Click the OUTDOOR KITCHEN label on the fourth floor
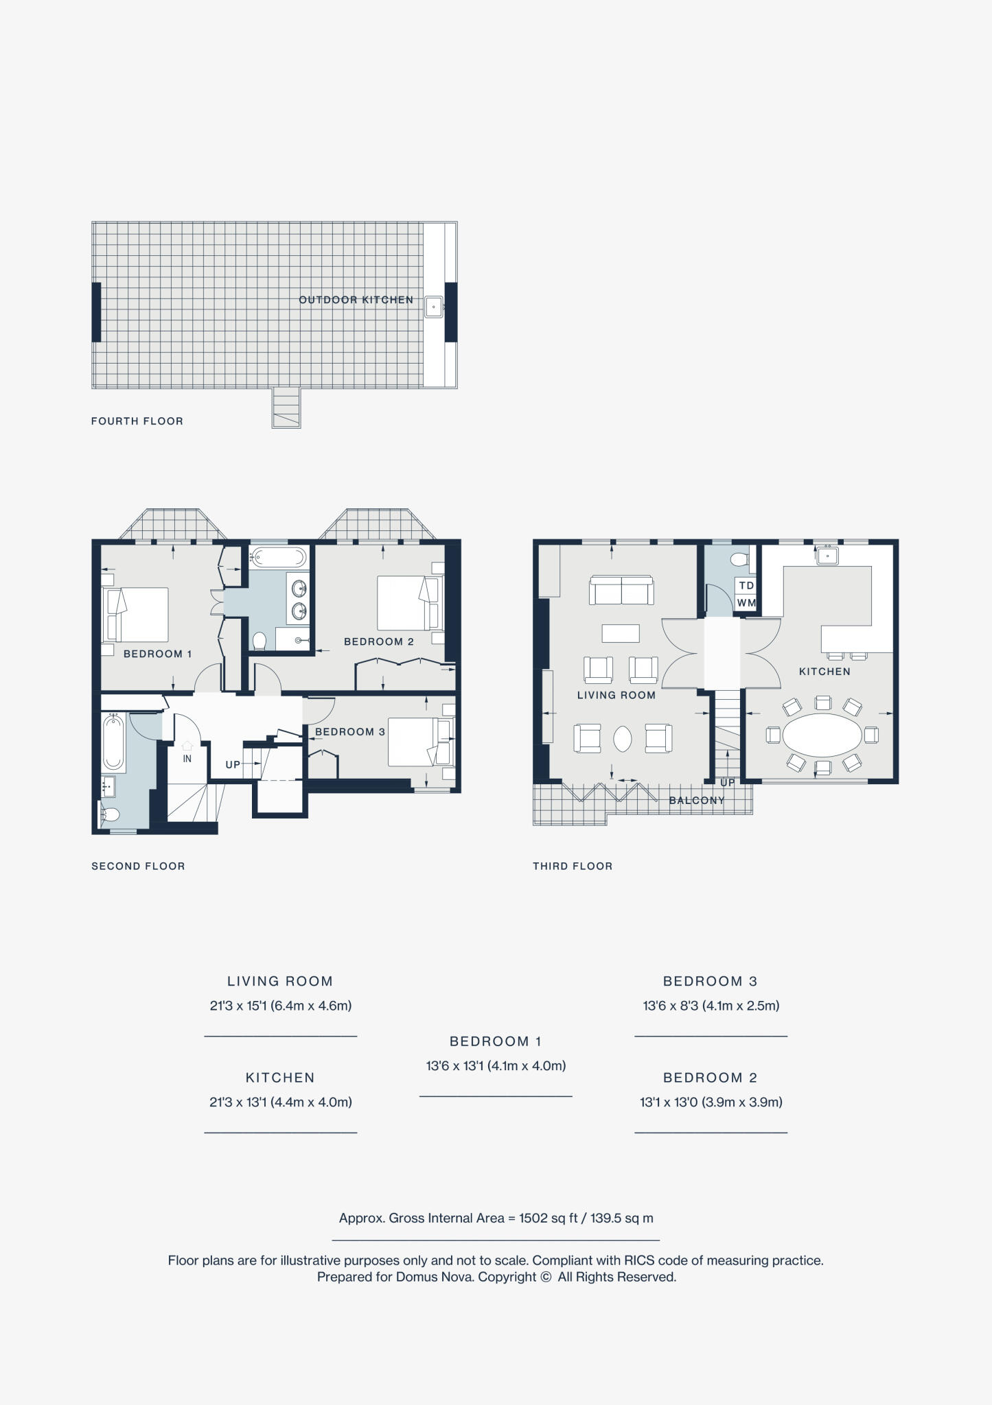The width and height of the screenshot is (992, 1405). (356, 300)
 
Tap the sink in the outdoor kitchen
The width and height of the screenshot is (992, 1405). (433, 307)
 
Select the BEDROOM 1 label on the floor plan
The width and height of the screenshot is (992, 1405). (157, 654)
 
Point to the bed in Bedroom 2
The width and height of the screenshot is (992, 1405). (408, 602)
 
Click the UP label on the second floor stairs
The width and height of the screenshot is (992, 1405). (233, 764)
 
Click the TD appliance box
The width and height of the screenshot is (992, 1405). (746, 585)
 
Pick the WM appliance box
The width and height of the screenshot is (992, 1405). (746, 602)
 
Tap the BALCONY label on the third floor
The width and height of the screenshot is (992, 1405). (696, 800)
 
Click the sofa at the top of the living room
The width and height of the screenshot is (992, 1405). (621, 590)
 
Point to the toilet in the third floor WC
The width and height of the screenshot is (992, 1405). (740, 560)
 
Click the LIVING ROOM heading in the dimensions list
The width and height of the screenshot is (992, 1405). (280, 981)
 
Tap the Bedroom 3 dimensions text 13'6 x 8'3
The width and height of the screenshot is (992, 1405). (711, 1006)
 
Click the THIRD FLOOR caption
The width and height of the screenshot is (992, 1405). (573, 866)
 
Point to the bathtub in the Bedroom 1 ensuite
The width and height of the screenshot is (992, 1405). (279, 556)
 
